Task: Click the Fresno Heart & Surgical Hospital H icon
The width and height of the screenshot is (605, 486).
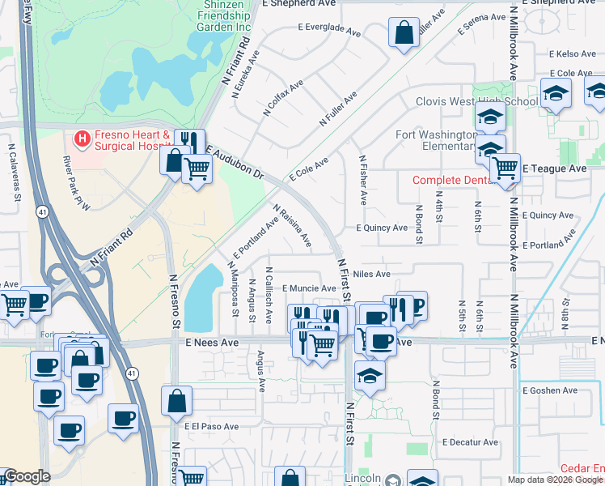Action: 82,139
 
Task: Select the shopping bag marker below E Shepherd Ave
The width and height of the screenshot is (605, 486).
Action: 403,35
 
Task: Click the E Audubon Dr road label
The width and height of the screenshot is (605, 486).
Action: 235,162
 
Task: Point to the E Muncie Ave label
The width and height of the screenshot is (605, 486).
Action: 308,288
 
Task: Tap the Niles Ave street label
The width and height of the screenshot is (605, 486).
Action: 371,275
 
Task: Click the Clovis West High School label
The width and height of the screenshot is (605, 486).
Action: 476,102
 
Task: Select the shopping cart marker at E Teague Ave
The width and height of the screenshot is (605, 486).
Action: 506,168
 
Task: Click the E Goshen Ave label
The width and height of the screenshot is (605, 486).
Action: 550,390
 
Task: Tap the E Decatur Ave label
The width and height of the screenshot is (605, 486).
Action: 470,442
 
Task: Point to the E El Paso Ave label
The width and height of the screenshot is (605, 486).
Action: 211,426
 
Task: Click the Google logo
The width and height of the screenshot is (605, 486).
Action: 26,476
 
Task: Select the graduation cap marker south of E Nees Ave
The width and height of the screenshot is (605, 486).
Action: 370,376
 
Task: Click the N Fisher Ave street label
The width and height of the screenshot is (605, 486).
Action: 363,181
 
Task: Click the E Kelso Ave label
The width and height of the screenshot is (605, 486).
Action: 573,54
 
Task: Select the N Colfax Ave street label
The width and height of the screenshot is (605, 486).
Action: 283,97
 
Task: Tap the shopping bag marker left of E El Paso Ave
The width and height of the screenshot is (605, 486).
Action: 176,401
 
